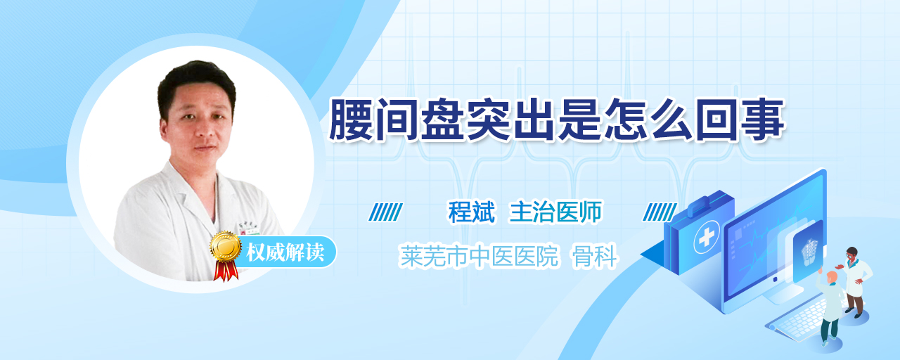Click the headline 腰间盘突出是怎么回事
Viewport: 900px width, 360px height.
pyautogui.click(x=557, y=120)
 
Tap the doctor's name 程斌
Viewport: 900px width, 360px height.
pyautogui.click(x=471, y=212)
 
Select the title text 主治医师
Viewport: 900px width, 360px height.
pyautogui.click(x=555, y=212)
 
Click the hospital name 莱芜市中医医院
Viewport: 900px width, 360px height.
pyautogui.click(x=480, y=256)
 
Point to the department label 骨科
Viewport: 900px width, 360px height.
pyautogui.click(x=595, y=256)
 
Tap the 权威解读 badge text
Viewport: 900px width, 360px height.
pyautogui.click(x=285, y=252)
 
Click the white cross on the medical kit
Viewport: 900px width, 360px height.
pyautogui.click(x=707, y=237)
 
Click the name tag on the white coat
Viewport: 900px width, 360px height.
pyautogui.click(x=253, y=232)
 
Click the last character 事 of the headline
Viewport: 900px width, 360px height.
pyautogui.click(x=763, y=120)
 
